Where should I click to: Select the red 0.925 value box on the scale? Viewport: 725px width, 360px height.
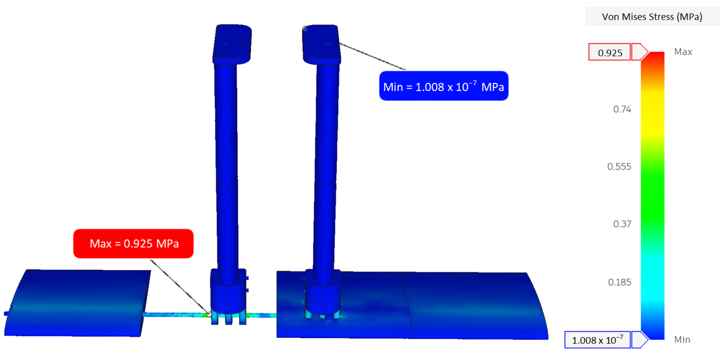tap(609, 52)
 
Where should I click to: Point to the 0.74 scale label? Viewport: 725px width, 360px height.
tap(622, 109)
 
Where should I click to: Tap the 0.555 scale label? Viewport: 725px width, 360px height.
tap(619, 167)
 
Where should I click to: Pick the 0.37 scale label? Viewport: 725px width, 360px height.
tap(622, 224)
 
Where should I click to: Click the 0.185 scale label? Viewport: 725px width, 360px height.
tap(619, 282)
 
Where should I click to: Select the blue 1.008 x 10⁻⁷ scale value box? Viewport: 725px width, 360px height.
tap(597, 340)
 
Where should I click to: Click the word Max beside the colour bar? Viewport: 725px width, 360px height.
tap(683, 52)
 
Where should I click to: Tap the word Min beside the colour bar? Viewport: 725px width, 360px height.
tap(682, 340)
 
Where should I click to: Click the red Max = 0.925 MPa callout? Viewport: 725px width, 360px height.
tap(133, 243)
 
